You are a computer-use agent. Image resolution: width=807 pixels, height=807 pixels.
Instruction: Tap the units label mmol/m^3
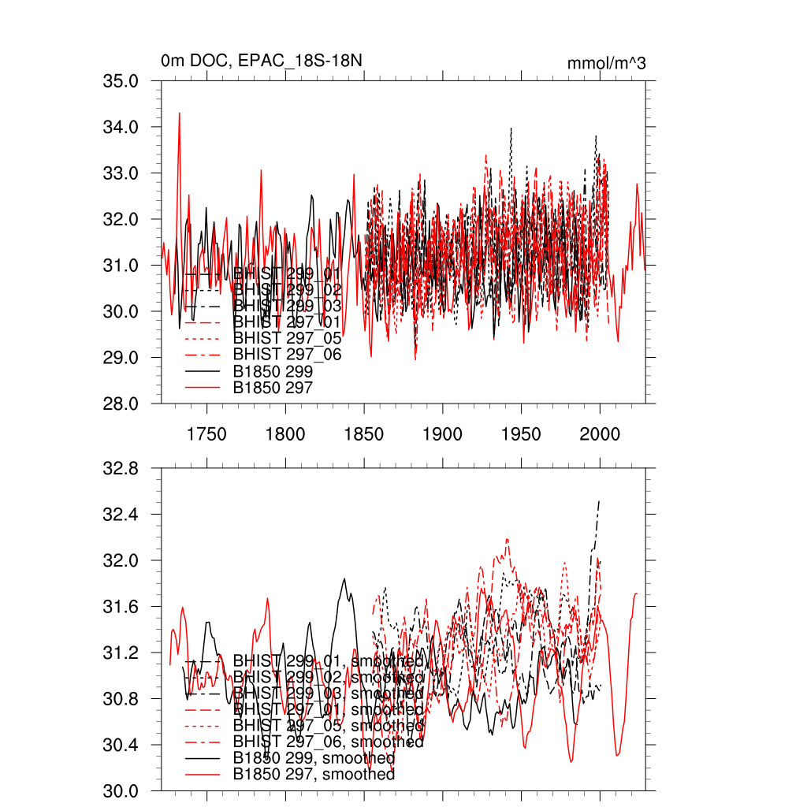coord(606,63)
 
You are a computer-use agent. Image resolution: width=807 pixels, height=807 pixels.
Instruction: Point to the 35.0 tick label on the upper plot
coord(122,81)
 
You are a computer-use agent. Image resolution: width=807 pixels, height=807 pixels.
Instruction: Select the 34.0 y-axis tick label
coord(122,127)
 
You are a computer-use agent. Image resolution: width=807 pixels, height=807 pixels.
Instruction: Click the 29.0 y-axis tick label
coord(122,358)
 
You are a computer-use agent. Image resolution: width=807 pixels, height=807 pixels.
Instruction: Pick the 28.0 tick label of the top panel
coord(122,403)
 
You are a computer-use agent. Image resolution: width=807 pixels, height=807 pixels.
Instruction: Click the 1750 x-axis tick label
coord(206,434)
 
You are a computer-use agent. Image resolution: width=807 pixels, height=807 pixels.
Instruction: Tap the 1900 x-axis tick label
coord(442,434)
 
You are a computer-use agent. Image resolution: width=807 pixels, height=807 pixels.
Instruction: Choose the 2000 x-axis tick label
coord(600,434)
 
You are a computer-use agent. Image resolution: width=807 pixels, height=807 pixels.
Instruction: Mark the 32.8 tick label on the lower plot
coord(122,469)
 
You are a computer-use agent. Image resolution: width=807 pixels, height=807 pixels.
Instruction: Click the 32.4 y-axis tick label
coord(122,515)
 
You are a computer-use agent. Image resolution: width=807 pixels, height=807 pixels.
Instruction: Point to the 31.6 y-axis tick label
coord(122,607)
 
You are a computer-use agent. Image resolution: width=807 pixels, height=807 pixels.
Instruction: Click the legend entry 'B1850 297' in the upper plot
coord(273,388)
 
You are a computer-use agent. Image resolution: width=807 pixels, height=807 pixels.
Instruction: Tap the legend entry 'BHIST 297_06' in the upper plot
coord(287,355)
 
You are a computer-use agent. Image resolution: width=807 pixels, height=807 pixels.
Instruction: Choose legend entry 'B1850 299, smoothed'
coord(314,758)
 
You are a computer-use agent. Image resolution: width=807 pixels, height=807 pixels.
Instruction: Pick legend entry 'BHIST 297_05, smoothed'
coord(328,725)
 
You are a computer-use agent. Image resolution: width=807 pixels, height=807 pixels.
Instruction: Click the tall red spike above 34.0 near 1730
coord(180,113)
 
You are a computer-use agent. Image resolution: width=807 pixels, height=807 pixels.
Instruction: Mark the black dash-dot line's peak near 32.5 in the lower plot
coord(600,501)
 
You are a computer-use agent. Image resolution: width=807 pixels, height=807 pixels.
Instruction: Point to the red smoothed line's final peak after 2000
coord(636,593)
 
